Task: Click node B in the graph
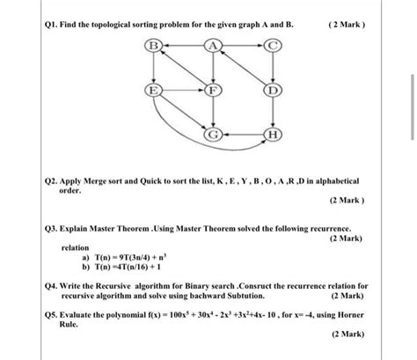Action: pos(153,45)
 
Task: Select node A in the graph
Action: pos(212,45)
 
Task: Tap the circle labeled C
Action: pos(272,45)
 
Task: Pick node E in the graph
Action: pos(153,90)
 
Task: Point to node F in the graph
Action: pos(212,90)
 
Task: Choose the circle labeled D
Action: pos(272,90)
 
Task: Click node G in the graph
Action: pos(213,134)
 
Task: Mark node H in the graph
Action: pos(272,134)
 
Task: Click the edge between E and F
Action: pos(182,90)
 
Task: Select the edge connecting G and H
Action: pos(242,134)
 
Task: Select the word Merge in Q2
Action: pos(97,180)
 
